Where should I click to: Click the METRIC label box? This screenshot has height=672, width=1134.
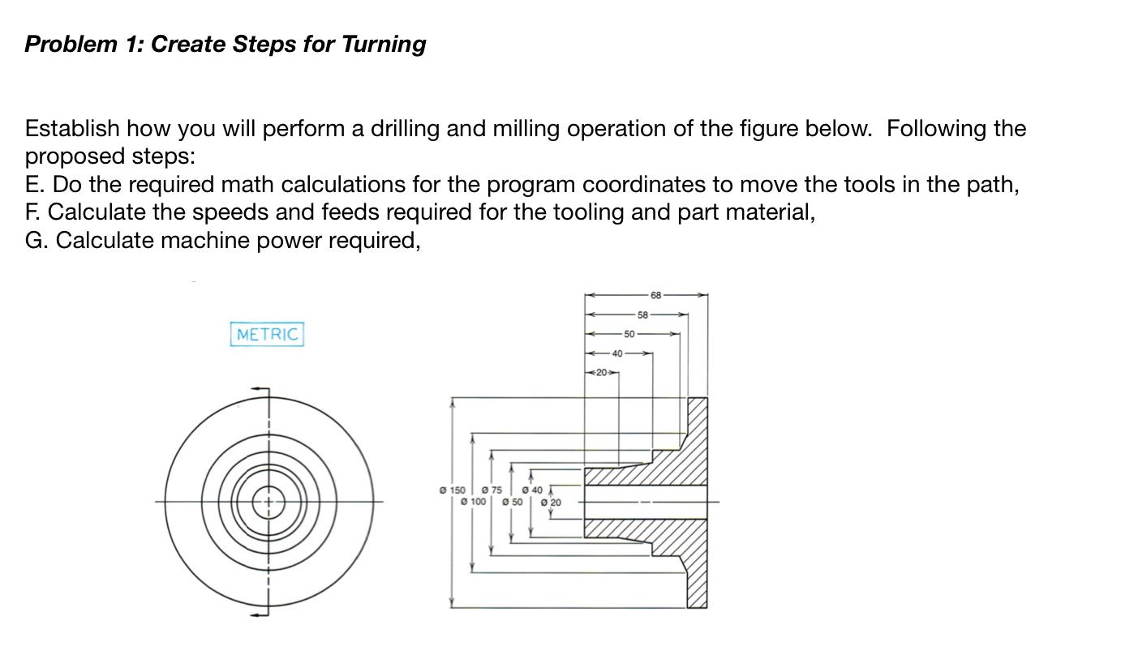click(267, 334)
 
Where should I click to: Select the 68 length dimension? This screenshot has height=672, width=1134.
click(655, 294)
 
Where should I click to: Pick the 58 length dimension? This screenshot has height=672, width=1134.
click(642, 315)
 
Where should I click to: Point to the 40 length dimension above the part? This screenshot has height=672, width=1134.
click(617, 353)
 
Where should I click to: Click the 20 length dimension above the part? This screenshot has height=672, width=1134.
click(600, 372)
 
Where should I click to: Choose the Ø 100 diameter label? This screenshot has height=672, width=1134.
click(473, 503)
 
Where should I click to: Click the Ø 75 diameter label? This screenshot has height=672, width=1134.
click(492, 490)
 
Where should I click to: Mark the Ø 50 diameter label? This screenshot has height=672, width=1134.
click(512, 503)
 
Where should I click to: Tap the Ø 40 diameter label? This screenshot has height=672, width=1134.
click(531, 490)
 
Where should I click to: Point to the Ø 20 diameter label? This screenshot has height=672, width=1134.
click(550, 503)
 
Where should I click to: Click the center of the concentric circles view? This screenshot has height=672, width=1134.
click(268, 503)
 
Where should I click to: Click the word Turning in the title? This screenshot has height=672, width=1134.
click(383, 44)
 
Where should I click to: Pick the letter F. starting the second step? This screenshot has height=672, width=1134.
click(34, 212)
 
